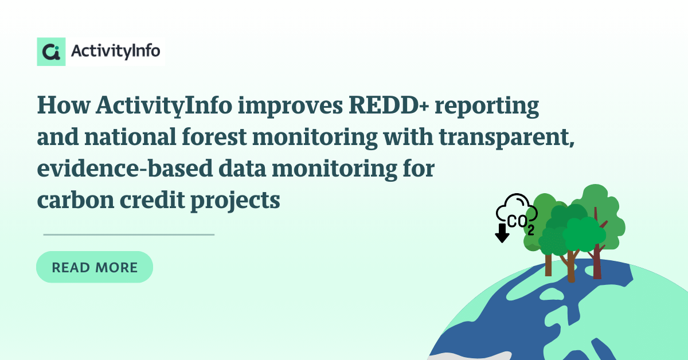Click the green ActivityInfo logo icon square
point(51,52)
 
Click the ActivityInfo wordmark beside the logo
point(115,51)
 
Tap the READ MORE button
point(95,267)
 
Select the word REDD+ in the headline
point(389,105)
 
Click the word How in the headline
point(64,105)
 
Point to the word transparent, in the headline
point(506,138)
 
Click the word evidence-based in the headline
point(125,169)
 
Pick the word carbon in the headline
point(76,200)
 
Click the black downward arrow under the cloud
point(502,233)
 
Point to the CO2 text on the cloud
point(521,225)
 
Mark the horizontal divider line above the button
point(129,234)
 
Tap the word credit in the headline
point(153,199)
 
